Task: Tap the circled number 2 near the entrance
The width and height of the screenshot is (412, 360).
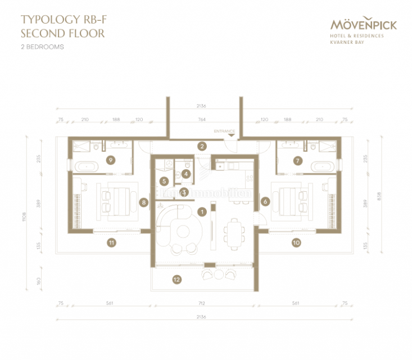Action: click(x=201, y=146)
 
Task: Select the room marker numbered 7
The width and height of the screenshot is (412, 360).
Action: click(x=298, y=160)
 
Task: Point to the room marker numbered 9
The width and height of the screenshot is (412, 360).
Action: click(x=111, y=160)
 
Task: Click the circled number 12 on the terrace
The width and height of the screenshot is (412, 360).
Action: click(x=176, y=278)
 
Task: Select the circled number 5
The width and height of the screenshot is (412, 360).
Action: click(x=164, y=181)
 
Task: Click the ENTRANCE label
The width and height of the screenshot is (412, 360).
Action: click(x=224, y=131)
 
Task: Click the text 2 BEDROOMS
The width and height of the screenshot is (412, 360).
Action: click(x=42, y=47)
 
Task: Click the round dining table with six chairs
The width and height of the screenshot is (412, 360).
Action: click(x=233, y=229)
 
